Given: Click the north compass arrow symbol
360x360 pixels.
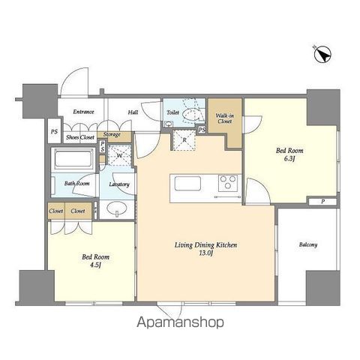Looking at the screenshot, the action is coord(322,54).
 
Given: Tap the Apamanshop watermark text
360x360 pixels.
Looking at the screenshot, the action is coord(180,322).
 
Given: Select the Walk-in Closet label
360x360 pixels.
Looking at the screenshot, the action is coord(225,118).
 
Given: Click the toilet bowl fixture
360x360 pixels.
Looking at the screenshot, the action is coord(191,115).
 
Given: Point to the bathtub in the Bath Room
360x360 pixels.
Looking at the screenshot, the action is coord(73,159).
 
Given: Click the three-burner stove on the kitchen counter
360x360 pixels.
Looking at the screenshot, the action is coord(228,183).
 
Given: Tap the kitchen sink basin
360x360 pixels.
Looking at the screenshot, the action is coord(187,183).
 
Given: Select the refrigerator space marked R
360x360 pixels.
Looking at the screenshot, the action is coord(184,140).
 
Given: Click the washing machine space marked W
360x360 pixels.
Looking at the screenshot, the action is coord(119,155).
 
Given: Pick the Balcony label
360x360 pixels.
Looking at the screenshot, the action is coord(308,244).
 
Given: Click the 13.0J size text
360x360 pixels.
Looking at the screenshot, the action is coord(206,253).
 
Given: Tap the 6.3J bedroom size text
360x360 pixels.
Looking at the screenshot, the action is coord(289,159).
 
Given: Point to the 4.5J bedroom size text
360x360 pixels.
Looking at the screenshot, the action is coord(95,265).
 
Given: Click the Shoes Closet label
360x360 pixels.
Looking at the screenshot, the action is coord(80,137).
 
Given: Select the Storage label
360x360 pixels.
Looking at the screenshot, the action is coord(112,135).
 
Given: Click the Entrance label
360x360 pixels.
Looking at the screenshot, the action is coord(83,112).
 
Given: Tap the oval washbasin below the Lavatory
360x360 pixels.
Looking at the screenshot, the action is coord(117,208).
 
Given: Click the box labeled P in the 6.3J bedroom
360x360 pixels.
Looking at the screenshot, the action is coord(322,202).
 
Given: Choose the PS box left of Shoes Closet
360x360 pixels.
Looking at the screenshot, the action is coord(54,131).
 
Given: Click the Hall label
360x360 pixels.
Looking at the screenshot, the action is coord(133,112).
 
